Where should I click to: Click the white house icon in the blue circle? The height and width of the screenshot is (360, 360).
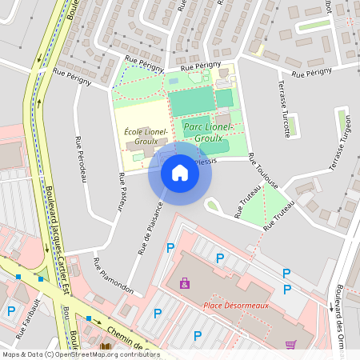coord(179,173)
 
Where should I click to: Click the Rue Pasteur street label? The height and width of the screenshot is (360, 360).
coord(122,192)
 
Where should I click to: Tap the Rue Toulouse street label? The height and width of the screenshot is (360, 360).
coord(262,170)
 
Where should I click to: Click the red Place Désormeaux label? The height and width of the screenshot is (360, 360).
coord(236,305)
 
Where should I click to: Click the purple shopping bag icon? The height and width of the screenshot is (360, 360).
coord(185,283)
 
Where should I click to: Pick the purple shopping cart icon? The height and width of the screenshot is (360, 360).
coord(290,345)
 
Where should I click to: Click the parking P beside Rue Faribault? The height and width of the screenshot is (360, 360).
coord(11,311)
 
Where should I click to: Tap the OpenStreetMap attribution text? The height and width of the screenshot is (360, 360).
coord(80,354)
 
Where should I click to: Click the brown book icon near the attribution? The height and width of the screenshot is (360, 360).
coord(106,346)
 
